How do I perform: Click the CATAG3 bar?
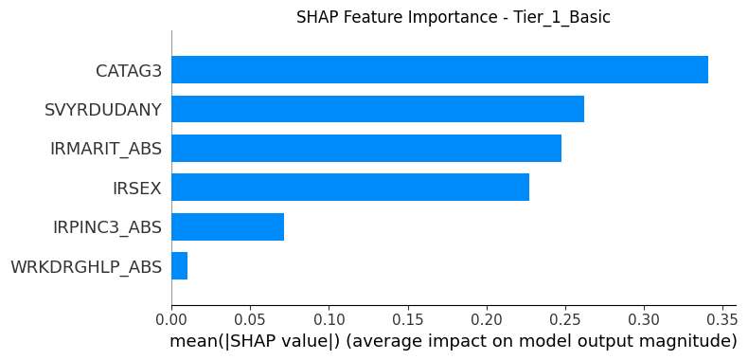tap(440, 70)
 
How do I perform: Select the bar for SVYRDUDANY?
tap(378, 109)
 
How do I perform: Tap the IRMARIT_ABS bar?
tap(366, 148)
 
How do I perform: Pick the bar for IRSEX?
tap(350, 188)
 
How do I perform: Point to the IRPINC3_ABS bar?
tap(228, 226)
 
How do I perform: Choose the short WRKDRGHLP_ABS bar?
tap(179, 266)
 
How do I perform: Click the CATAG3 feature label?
tap(129, 71)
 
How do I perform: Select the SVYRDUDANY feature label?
tap(103, 110)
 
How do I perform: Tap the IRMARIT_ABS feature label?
tap(106, 150)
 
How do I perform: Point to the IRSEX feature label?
tap(137, 189)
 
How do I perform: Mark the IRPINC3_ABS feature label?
tap(107, 227)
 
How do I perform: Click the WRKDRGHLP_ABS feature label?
tap(86, 267)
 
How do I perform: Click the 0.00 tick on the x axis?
tap(171, 318)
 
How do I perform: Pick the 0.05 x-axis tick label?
tap(251, 318)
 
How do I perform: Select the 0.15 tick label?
tap(408, 318)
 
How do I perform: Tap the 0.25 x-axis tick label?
tap(565, 318)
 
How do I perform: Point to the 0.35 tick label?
tap(722, 318)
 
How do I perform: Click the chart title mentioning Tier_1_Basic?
tap(454, 17)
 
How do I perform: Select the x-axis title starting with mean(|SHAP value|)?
tap(454, 342)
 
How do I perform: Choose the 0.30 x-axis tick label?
tap(644, 318)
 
